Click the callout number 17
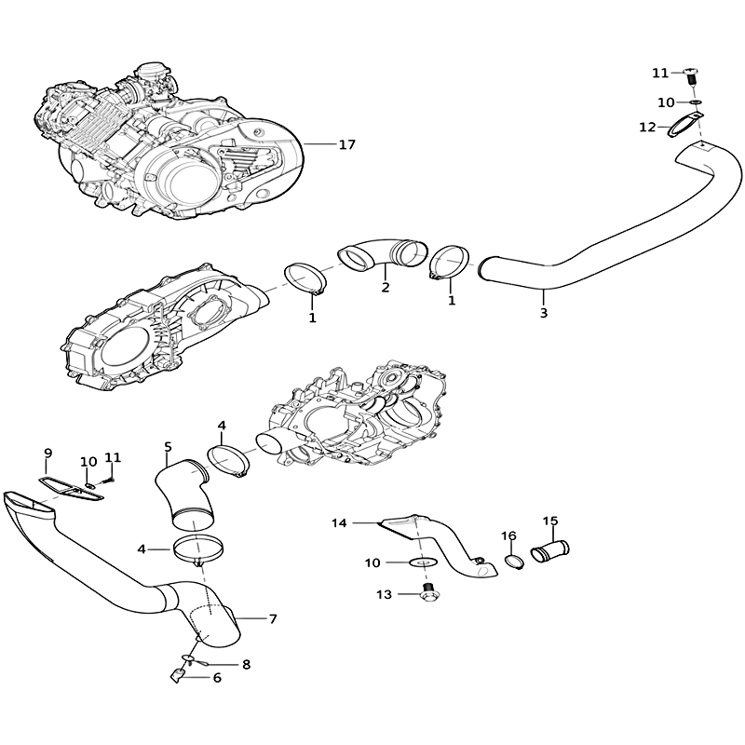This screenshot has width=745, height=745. coord(346,144)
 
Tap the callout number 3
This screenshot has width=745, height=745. coord(544,313)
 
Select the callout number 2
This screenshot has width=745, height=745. coord(386,287)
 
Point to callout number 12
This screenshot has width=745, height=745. coord(647,128)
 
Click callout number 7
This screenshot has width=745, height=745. coord(273,618)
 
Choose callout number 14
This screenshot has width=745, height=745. coord(339,523)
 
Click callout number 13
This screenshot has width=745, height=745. coord(384,594)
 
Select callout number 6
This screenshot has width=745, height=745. coord(217,678)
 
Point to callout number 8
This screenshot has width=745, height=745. coord(246,664)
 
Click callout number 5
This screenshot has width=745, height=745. coord(168,447)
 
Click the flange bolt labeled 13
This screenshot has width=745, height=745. coord(430,591)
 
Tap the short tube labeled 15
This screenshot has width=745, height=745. coord(550,551)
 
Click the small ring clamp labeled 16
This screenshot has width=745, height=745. coord(513,562)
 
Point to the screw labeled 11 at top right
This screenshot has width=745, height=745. coord(692,78)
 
